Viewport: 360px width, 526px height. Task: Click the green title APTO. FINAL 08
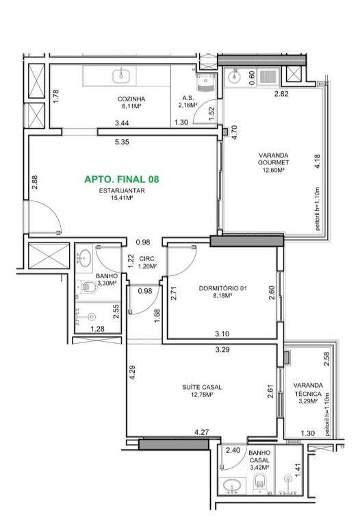[x=122, y=179]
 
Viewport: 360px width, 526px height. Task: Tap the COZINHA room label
[x=131, y=99]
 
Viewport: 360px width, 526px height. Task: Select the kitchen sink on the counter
[x=120, y=75]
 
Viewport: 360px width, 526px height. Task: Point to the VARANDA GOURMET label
[x=274, y=159]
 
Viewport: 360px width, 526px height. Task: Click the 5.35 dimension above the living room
[x=122, y=142]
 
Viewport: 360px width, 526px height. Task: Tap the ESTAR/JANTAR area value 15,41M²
[x=122, y=198]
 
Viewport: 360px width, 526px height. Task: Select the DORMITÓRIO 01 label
[x=223, y=288]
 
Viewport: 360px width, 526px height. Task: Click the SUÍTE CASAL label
[x=202, y=387]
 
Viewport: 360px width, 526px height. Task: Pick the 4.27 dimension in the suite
[x=202, y=432]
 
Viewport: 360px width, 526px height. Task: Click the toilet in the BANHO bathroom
[x=88, y=287]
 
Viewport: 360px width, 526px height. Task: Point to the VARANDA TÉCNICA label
[x=308, y=390]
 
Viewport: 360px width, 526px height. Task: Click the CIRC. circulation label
[x=147, y=259]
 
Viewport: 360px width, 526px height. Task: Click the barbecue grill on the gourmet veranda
[x=268, y=76]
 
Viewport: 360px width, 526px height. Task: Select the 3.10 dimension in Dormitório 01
[x=222, y=334]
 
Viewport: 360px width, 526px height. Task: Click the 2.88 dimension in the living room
[x=35, y=183]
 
